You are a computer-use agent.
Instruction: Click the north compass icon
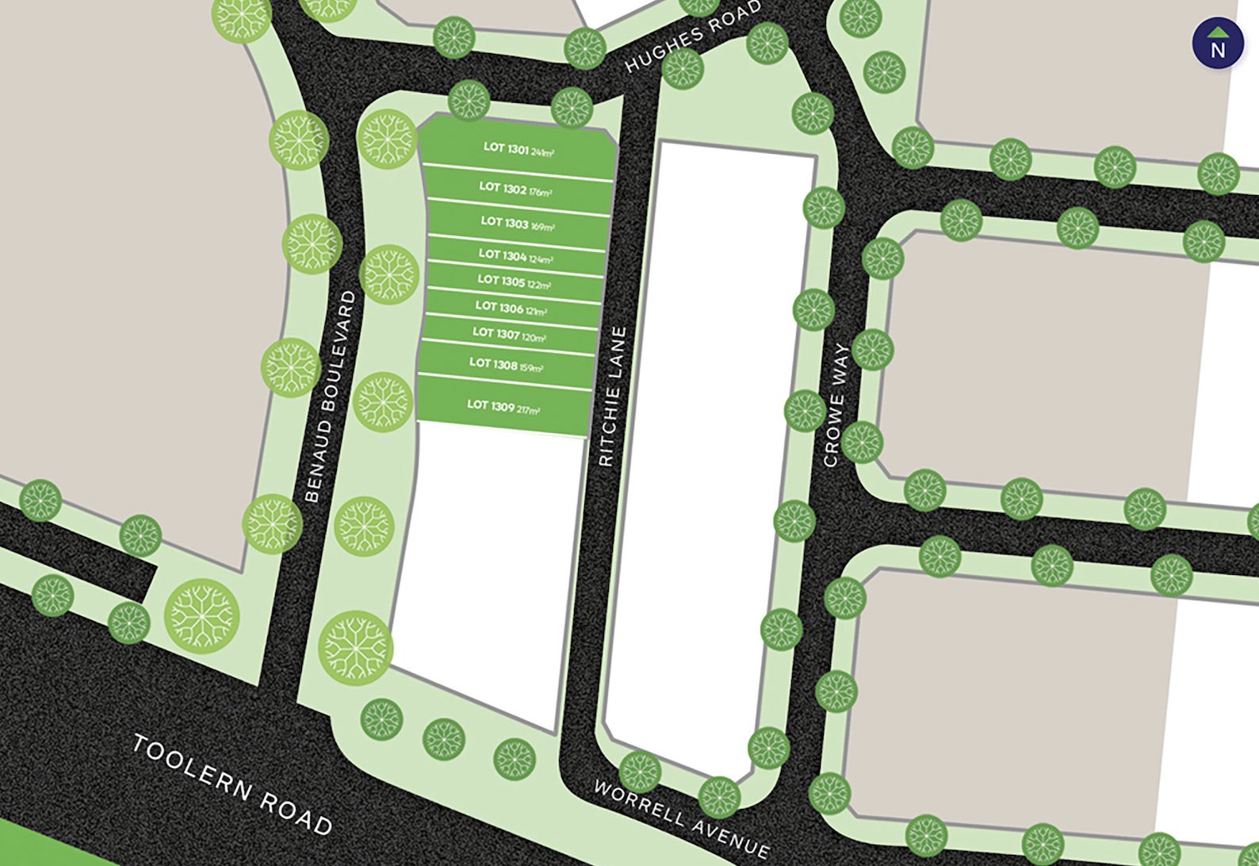click(x=1218, y=44)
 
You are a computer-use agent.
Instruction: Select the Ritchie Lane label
click(x=613, y=397)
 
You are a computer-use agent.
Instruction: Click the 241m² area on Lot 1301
click(x=542, y=152)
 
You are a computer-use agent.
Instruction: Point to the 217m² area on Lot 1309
click(x=528, y=410)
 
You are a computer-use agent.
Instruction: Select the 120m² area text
click(x=534, y=338)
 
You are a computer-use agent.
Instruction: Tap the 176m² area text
click(x=540, y=192)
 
